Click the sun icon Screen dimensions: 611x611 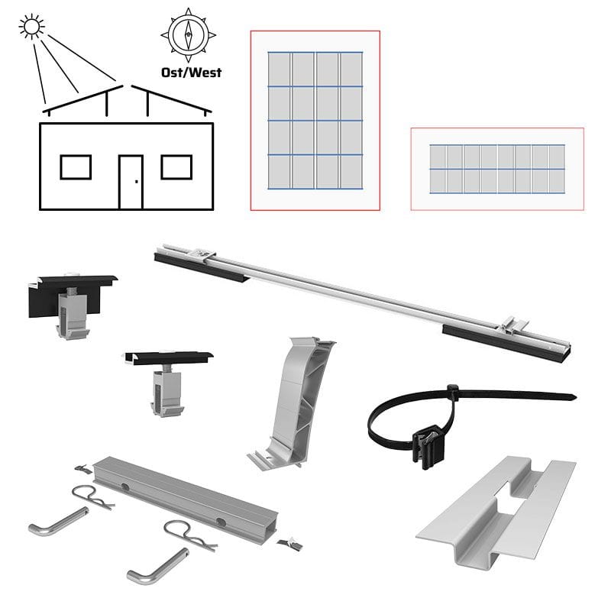point(31,27)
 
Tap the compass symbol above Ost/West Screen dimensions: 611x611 point(188,34)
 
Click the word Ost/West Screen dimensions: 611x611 point(192,73)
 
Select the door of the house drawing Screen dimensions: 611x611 point(131,182)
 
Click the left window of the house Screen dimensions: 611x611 point(76,167)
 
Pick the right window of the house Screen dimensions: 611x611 point(176,167)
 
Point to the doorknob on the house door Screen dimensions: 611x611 point(137,182)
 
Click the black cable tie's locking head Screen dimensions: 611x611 point(452,390)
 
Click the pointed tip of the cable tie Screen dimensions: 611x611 point(577,397)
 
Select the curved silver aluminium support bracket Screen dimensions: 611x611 point(291,403)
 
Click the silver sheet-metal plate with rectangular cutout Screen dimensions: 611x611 point(496,511)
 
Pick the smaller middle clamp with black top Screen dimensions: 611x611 point(168,382)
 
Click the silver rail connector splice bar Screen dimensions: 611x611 point(186,494)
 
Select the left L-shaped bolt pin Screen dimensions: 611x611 point(58,521)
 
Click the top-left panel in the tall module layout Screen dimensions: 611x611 point(279,69)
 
